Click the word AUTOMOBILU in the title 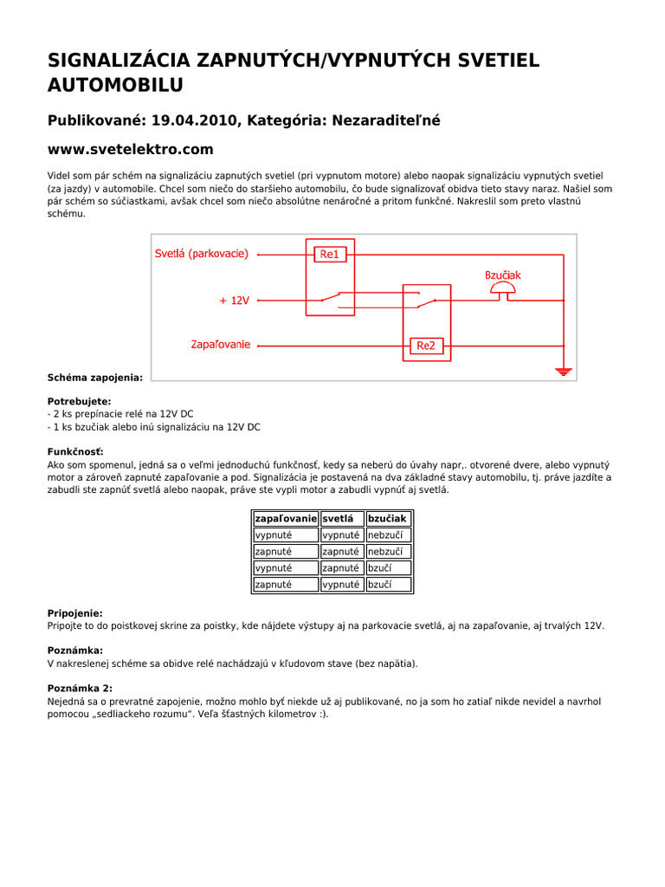[115, 84]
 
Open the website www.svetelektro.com [130, 150]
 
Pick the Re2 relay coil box [426, 346]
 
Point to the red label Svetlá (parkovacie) [201, 254]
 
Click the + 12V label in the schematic [234, 301]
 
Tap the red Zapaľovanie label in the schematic [220, 345]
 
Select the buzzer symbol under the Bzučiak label [502, 295]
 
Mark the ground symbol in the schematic [564, 371]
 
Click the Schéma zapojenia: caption [95, 377]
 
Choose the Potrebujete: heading [79, 402]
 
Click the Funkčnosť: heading [75, 452]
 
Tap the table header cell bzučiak [387, 518]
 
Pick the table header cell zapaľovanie [285, 518]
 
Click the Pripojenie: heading [74, 612]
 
